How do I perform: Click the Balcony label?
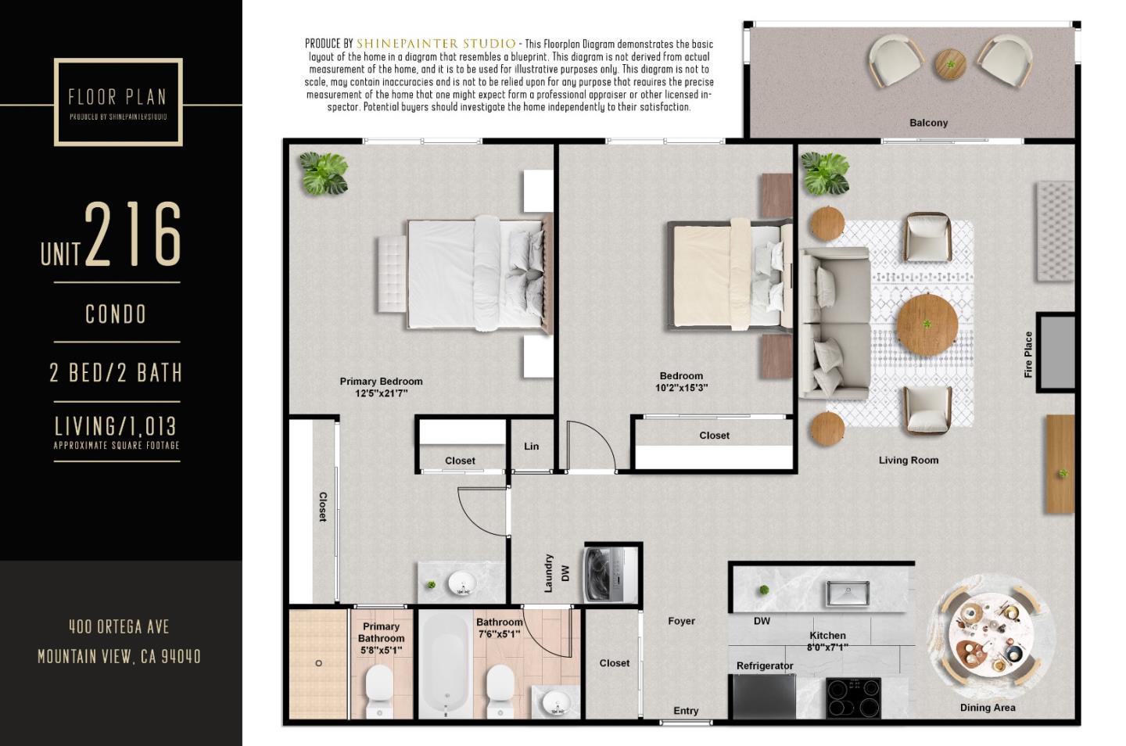pyautogui.click(x=928, y=123)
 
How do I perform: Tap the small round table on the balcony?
pyautogui.click(x=950, y=64)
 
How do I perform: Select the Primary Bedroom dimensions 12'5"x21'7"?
pyautogui.click(x=381, y=393)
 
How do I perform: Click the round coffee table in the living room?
pyautogui.click(x=927, y=323)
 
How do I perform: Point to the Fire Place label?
pyautogui.click(x=1028, y=354)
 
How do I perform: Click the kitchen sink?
pyautogui.click(x=847, y=593)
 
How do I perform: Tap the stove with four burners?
pyautogui.click(x=853, y=698)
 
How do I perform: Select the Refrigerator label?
pyautogui.click(x=764, y=665)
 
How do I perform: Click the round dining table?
pyautogui.click(x=985, y=636)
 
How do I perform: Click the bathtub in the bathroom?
pyautogui.click(x=446, y=665)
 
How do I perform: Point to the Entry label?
pyautogui.click(x=686, y=711)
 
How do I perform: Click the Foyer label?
pyautogui.click(x=681, y=621)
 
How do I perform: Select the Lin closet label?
pyautogui.click(x=531, y=447)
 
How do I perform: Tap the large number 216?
pyautogui.click(x=133, y=235)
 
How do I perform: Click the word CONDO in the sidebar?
pyautogui.click(x=116, y=314)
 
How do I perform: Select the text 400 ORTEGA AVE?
pyautogui.click(x=119, y=626)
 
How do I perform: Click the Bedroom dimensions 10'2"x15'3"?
pyautogui.click(x=681, y=388)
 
